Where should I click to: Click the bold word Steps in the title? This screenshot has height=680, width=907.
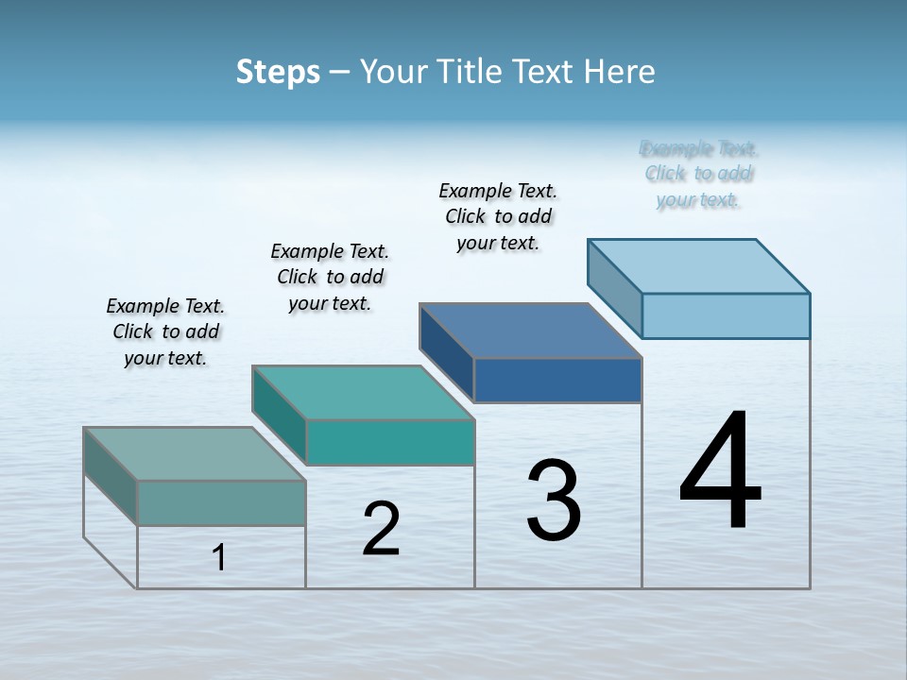point(278,72)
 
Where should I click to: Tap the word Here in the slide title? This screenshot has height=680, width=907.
point(620,72)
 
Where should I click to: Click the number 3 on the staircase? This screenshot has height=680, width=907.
point(554,501)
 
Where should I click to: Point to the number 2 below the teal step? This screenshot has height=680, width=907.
point(381,528)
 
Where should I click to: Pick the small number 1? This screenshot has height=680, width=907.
point(219,557)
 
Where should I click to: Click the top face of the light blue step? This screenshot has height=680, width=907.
point(699,265)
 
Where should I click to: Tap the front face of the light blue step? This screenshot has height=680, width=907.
point(726,315)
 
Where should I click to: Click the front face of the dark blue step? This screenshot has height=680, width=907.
point(557,380)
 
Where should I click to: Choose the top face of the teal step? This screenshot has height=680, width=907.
point(364,393)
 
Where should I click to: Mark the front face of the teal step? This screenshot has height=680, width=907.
point(389,442)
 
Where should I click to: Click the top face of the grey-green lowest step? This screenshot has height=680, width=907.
point(195,453)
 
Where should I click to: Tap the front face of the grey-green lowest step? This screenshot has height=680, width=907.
point(221,502)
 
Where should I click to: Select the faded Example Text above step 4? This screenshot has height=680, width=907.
point(699,174)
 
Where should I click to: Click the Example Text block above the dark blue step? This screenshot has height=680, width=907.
point(499,216)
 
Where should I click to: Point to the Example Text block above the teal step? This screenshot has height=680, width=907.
point(330,277)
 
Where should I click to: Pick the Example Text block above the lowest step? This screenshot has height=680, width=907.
point(165,331)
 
